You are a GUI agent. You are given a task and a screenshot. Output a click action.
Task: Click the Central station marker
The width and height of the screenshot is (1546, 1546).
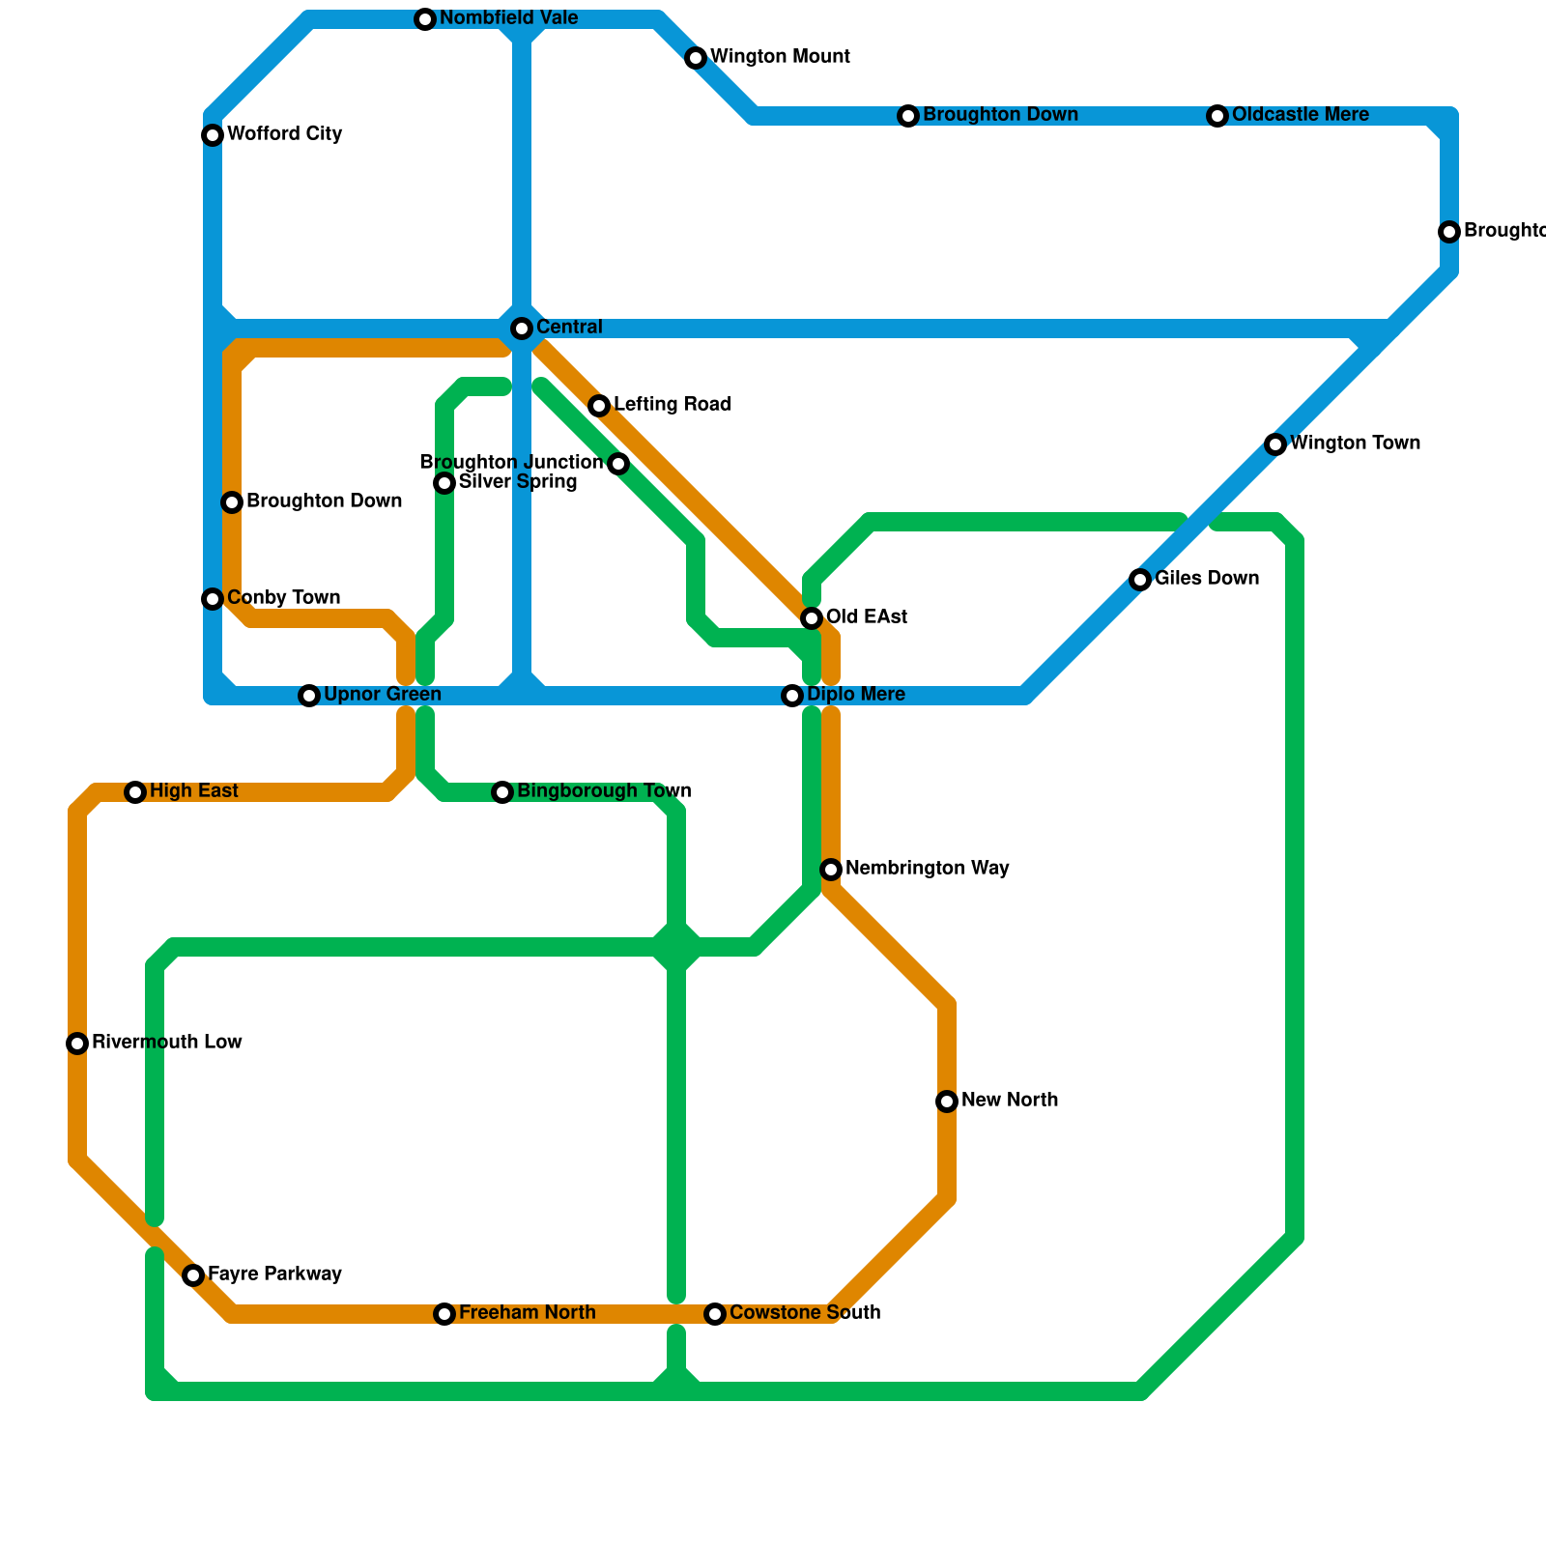coord(522,329)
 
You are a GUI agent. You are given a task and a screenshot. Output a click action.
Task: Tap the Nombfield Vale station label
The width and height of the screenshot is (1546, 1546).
coord(508,18)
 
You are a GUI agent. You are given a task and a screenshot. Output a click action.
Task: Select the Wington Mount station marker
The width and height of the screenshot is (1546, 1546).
coord(696,58)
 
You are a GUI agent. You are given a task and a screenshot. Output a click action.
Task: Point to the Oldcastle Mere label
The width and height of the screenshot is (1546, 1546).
coord(1300,115)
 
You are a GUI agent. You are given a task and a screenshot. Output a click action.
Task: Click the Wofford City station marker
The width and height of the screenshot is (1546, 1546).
coord(213,135)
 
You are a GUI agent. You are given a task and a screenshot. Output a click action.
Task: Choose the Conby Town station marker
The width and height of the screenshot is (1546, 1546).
coord(213,599)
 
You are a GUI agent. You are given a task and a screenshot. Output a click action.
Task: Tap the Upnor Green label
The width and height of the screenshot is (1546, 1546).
coord(382,695)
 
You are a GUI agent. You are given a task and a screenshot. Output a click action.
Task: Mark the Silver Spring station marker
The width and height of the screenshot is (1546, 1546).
coord(444,483)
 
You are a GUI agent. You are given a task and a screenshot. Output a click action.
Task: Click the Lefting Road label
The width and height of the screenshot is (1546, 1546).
coord(672,405)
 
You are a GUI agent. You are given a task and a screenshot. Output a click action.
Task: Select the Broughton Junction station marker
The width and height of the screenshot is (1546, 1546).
coord(618,464)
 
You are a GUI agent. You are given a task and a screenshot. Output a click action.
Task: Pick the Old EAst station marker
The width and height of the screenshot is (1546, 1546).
coord(812,618)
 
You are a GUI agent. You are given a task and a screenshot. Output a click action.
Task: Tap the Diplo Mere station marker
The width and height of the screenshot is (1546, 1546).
coord(792,696)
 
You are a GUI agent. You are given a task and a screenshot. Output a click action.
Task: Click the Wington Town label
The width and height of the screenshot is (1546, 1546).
coord(1355,444)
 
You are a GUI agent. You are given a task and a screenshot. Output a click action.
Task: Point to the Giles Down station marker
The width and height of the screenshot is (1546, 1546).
coord(1140,580)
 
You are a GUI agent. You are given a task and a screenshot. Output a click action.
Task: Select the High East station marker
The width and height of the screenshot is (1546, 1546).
coord(135,792)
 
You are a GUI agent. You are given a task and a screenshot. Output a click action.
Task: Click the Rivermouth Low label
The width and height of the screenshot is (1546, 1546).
coord(166,1043)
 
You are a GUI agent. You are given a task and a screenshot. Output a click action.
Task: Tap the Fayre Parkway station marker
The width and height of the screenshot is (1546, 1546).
coord(193,1275)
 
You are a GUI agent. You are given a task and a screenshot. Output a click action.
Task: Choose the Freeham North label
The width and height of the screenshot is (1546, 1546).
coord(527,1313)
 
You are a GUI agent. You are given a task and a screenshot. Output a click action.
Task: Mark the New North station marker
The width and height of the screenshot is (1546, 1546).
coord(947,1102)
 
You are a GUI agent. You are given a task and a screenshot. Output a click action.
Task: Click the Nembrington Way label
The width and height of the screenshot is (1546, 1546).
coord(927,869)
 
